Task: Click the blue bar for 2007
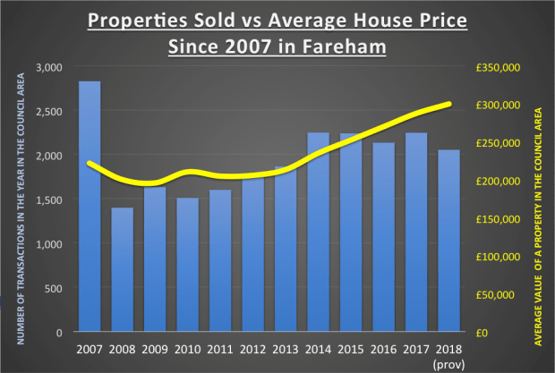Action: click(89, 207)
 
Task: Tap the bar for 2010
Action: click(187, 265)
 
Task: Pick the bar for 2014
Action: click(319, 232)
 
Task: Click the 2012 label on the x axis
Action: click(253, 348)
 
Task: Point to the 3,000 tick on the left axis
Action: click(49, 67)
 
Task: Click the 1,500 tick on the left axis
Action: click(49, 199)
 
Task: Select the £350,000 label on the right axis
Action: click(497, 67)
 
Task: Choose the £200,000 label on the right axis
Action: click(497, 181)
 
